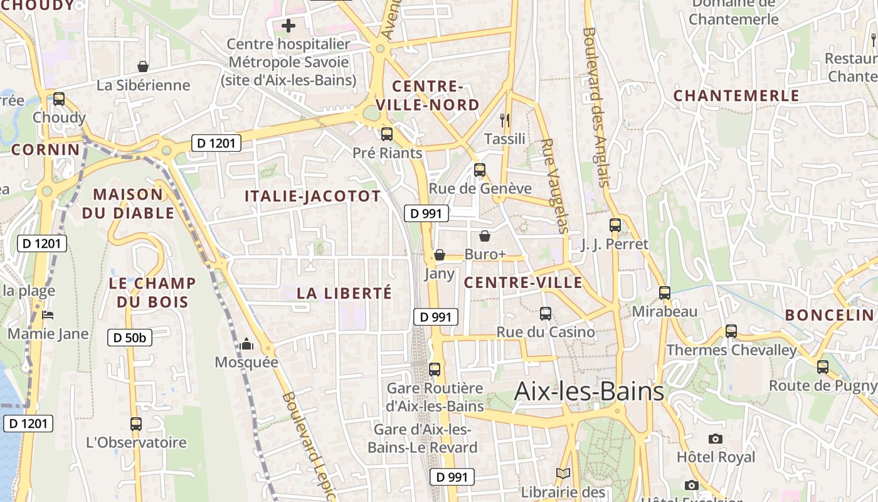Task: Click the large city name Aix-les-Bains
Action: [589, 391]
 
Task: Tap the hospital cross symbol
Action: [288, 26]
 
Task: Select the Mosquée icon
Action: [246, 344]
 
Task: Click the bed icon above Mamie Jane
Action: [48, 315]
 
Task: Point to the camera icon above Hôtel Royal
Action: [715, 439]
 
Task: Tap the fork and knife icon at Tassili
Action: [505, 120]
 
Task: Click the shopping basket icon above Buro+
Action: [485, 236]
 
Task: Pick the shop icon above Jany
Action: [440, 255]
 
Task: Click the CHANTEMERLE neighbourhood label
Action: [736, 96]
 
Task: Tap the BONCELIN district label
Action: [829, 315]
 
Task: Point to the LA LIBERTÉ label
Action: [344, 293]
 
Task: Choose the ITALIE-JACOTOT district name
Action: [312, 196]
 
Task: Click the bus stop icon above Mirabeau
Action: [665, 292]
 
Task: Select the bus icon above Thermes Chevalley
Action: [731, 331]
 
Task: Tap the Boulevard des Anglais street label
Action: [596, 107]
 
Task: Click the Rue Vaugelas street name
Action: [554, 186]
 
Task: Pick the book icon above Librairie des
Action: [563, 474]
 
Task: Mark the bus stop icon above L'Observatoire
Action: [136, 424]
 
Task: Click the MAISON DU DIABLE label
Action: [128, 203]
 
